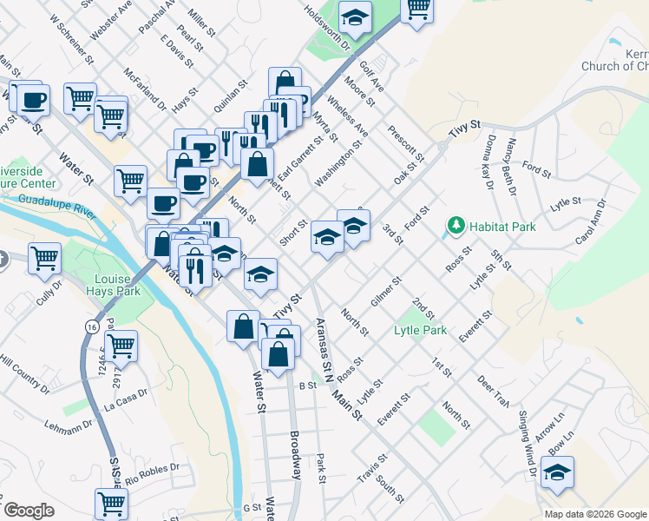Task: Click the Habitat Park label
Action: (502, 227)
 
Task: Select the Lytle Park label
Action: (420, 330)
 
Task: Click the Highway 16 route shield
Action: (91, 325)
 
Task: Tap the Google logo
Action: (29, 511)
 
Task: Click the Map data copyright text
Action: (595, 513)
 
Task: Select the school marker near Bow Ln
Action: (558, 472)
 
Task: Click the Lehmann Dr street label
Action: (69, 425)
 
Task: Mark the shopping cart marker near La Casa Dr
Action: (122, 345)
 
